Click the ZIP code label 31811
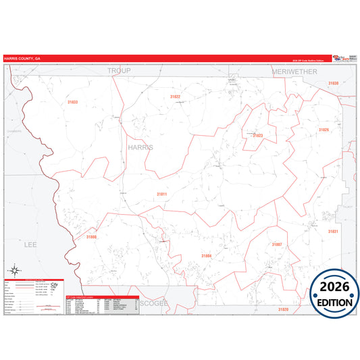(161, 194)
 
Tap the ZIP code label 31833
(72, 102)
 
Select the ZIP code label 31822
(175, 97)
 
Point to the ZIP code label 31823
(257, 135)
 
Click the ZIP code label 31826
(324, 130)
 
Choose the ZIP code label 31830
(333, 83)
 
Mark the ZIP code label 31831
(332, 231)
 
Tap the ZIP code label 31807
(276, 244)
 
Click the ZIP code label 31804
(206, 256)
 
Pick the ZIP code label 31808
(92, 237)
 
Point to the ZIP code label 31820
(283, 309)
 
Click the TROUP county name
(118, 70)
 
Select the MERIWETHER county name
(294, 70)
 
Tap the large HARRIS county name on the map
(140, 147)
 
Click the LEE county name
(30, 245)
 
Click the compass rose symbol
(13, 272)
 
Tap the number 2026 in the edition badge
(335, 288)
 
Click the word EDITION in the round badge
(335, 302)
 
